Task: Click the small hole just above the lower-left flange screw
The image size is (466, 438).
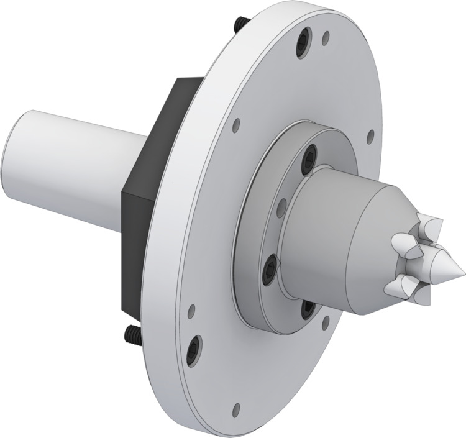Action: coord(190,308)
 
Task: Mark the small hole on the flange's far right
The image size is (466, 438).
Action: coord(371,135)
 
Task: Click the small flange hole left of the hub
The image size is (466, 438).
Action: coord(235,126)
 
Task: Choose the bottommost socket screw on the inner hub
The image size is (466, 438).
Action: coord(307,307)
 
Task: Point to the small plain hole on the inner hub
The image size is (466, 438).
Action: coord(280,204)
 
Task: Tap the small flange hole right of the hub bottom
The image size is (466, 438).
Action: coord(324,322)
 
